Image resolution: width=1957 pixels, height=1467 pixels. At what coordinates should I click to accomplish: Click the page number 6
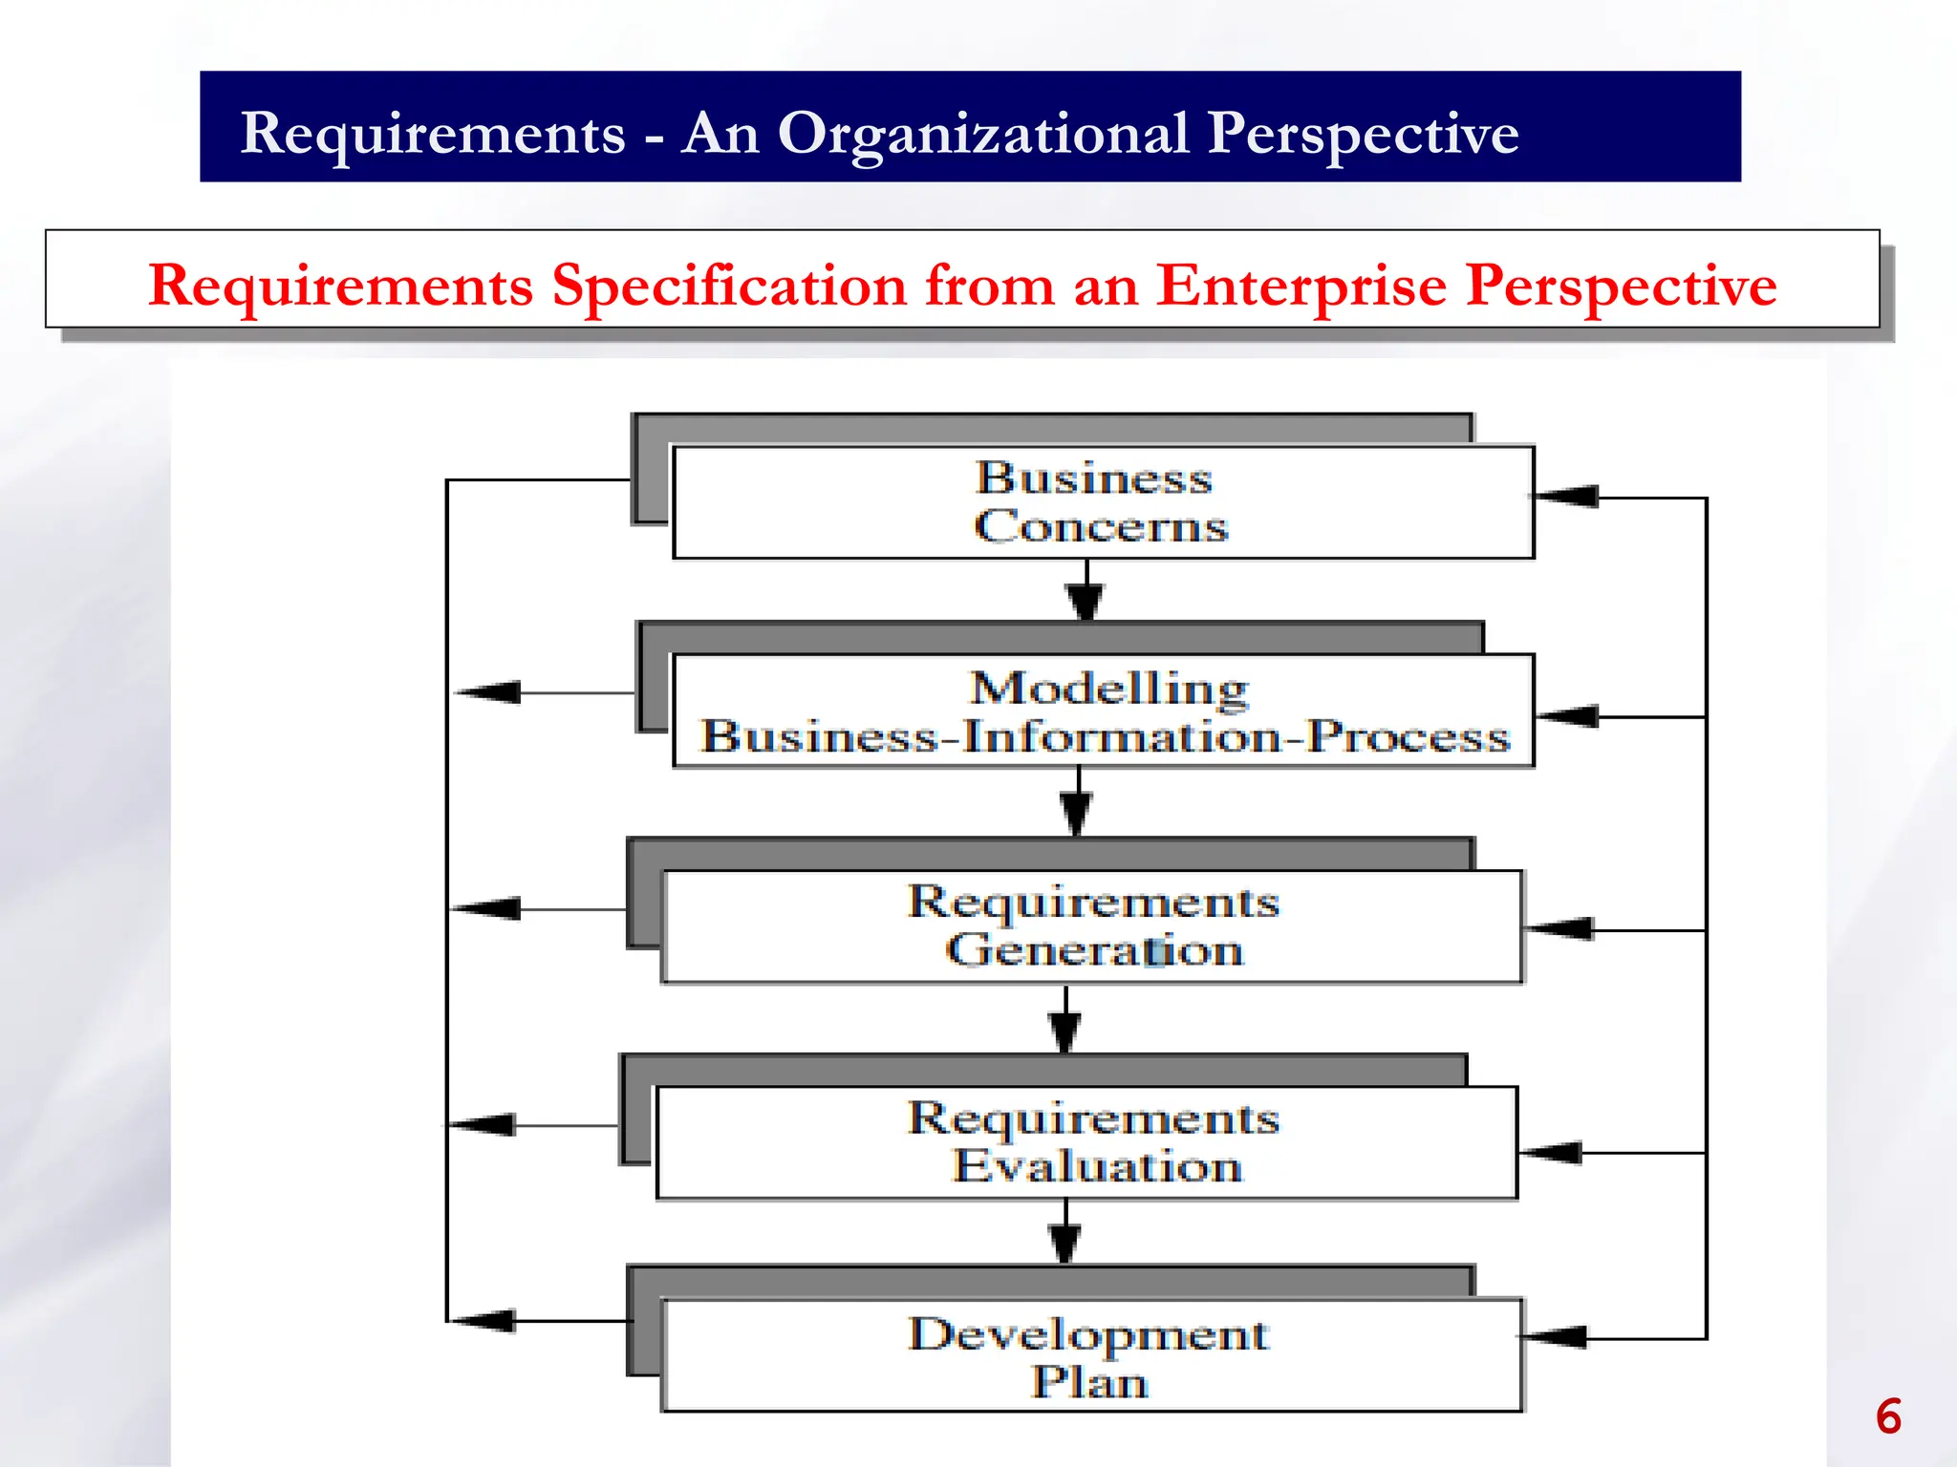point(1887,1416)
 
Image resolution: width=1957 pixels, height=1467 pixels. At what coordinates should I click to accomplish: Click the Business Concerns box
point(1103,502)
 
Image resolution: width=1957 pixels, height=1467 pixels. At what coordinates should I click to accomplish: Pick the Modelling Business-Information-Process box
point(1103,712)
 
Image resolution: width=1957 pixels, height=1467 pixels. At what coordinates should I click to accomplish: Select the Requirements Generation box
point(1091,926)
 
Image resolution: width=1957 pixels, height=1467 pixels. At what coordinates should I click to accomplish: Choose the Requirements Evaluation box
point(1087,1142)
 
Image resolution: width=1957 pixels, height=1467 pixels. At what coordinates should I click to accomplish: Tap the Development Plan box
point(1091,1355)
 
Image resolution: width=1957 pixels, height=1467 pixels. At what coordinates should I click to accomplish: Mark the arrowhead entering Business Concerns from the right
point(1567,497)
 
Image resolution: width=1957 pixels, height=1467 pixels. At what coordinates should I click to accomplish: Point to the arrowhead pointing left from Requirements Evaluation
point(484,1125)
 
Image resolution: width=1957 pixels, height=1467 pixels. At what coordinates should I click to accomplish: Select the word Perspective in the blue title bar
point(1362,134)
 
